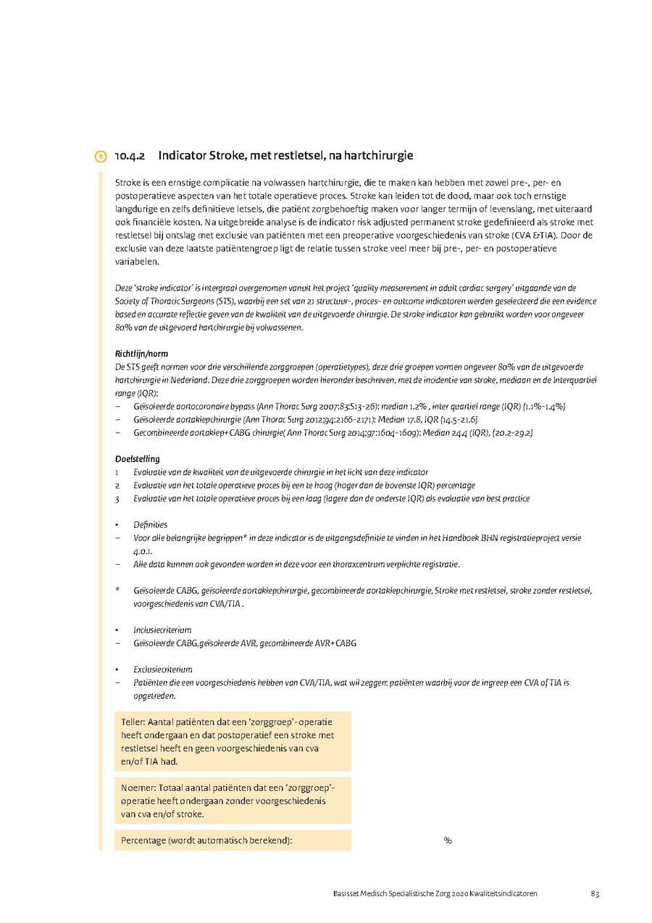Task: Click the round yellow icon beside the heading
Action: (101, 157)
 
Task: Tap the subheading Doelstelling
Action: (137, 459)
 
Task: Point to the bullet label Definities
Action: (150, 524)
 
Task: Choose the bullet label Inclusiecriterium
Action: (162, 630)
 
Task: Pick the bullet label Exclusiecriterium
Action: (163, 669)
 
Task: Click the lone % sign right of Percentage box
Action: (448, 840)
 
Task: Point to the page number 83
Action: (594, 893)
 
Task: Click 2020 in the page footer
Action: (460, 893)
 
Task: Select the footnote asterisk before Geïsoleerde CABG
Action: (117, 590)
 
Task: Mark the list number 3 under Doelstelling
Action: (117, 499)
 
